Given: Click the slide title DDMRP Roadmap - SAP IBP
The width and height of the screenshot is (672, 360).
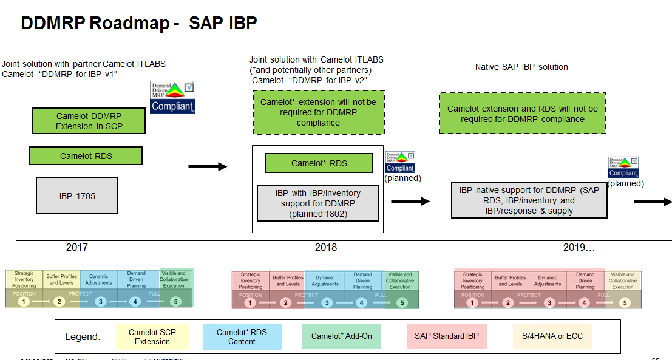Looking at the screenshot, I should pos(139,23).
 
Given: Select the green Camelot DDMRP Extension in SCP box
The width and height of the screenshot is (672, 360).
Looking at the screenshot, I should pos(89,121).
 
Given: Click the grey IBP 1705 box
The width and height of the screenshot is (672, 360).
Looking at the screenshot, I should pos(77,195).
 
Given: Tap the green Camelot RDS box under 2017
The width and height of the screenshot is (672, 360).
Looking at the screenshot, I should pos(86,156).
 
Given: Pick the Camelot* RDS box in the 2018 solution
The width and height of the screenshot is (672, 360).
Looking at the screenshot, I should pos(319,163).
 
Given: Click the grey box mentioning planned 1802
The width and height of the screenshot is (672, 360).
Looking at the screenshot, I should pos(318,203).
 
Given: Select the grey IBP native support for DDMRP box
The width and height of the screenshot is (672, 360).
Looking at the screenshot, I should pos(529,200).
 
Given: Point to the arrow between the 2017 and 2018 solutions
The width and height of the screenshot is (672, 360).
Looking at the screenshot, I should pos(207,166).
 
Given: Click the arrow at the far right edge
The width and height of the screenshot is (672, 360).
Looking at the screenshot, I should pos(653,202).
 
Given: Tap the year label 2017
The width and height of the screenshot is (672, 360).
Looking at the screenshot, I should pos(77,247).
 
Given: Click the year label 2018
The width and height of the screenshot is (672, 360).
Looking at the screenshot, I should pos(326,247).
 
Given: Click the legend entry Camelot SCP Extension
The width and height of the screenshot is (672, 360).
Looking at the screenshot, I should pos(152,336).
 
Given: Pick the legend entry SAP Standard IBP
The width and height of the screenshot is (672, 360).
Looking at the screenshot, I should pos(447,336).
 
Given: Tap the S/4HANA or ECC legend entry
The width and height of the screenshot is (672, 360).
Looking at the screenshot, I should pos(552,336).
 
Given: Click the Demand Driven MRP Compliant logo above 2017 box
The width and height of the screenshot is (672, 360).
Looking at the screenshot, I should pos(172,98).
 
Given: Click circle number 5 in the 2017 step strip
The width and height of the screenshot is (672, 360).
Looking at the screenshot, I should pos(175,301).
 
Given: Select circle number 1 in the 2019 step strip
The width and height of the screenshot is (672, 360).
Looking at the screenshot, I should pos(473,302).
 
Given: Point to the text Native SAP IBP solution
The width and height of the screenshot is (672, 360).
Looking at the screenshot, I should pos(521,67).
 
